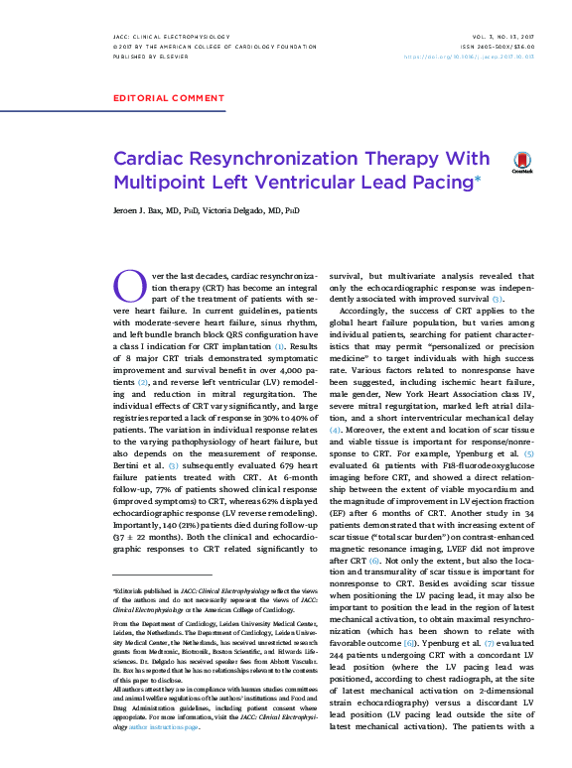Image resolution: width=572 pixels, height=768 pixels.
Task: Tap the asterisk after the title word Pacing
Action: coord(478,178)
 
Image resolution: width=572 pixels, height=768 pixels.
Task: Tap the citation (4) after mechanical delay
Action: coord(336,401)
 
